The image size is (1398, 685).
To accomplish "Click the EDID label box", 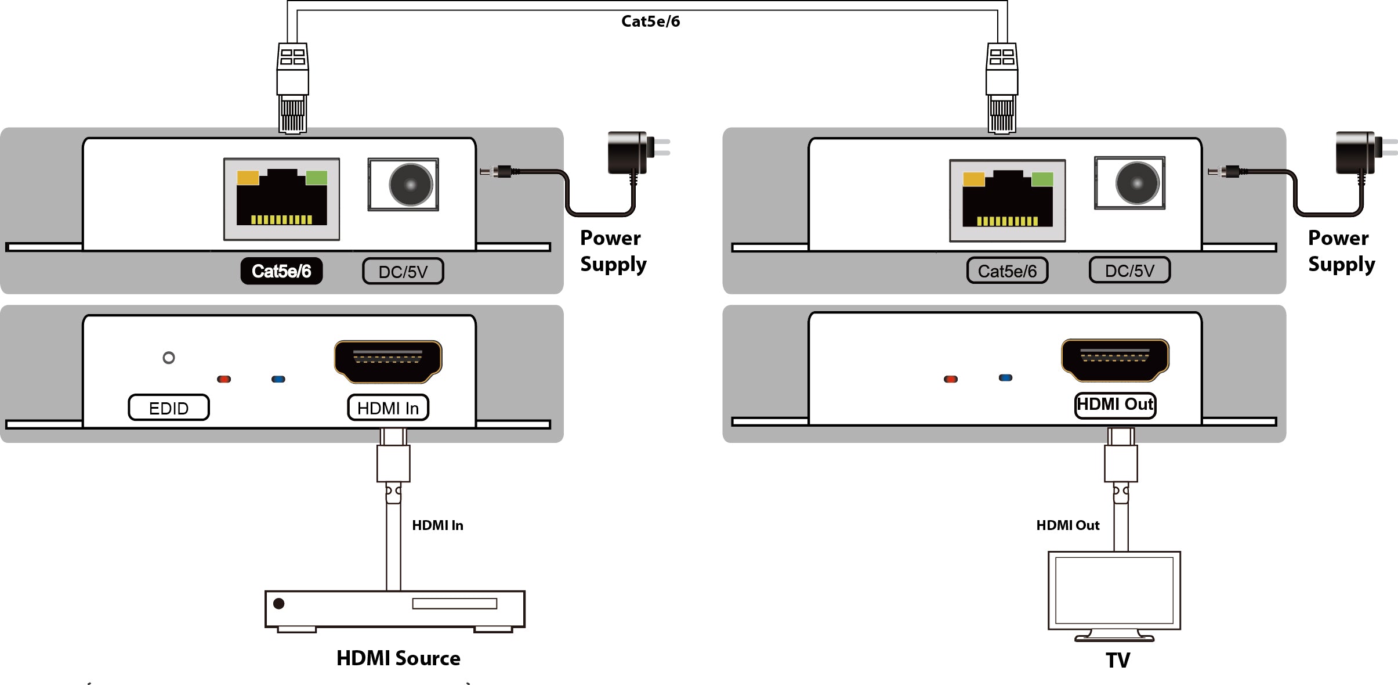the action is tap(169, 408).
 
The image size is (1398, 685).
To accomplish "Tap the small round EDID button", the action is tap(169, 358).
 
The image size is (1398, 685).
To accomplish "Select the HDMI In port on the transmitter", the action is tap(388, 362).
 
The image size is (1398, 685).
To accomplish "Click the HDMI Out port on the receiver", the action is tap(1115, 360).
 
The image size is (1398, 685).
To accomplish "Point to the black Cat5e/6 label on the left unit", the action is tap(281, 271).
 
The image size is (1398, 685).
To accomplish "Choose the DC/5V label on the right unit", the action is tap(1129, 271).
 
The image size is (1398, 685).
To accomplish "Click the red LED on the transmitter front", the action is tap(224, 379).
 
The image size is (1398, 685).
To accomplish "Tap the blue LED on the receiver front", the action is tap(1005, 378).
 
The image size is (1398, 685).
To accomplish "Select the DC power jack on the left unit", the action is tap(411, 185).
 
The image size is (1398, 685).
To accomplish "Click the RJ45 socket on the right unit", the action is tap(1008, 200).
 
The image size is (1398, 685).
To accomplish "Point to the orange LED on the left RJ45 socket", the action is tap(248, 178).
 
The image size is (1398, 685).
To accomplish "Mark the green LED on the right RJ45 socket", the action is tap(1042, 179).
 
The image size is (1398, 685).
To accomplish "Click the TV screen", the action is tap(1114, 590).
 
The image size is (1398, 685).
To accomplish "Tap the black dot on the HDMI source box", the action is tap(278, 604).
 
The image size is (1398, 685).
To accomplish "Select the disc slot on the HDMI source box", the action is tap(455, 604).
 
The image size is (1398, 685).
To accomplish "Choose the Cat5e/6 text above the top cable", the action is tap(650, 21).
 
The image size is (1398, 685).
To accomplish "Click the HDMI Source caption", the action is tap(399, 658).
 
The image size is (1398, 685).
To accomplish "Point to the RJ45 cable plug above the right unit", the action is tap(1002, 88).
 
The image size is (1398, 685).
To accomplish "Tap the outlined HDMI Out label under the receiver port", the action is tap(1115, 405).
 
